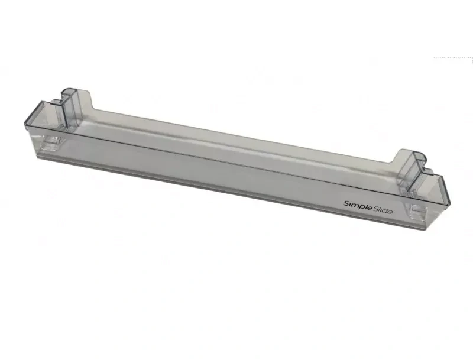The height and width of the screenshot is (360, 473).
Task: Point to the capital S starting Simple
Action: (x=346, y=203)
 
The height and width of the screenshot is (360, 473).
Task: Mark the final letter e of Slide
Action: (x=390, y=212)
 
